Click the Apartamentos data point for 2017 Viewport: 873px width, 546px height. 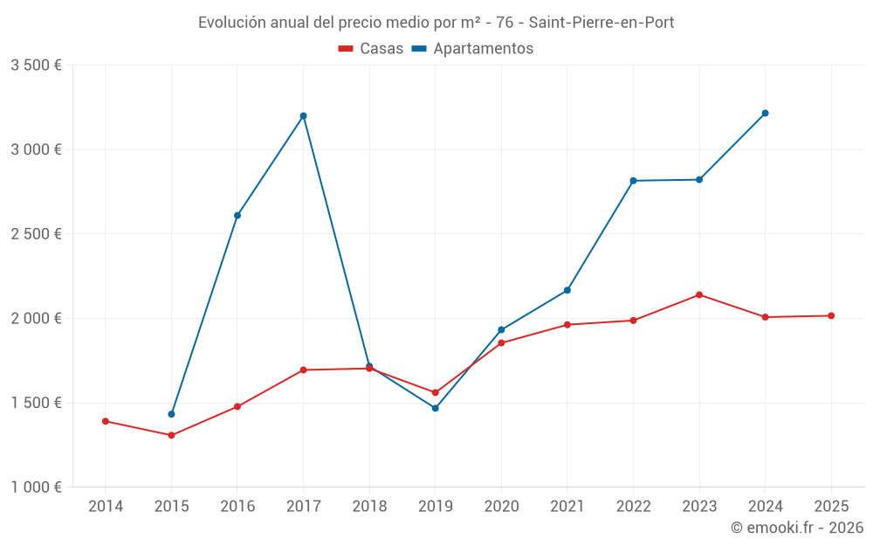[303, 115]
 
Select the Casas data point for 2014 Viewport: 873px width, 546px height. [106, 421]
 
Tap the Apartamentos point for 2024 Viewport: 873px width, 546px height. [765, 113]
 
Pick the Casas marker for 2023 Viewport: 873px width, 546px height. [699, 294]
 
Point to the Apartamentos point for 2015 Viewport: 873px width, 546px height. [171, 414]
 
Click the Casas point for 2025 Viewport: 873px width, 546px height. [831, 315]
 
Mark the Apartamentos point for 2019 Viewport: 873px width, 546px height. [436, 408]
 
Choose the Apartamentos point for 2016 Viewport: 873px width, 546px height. [237, 215]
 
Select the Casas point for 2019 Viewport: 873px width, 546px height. [436, 392]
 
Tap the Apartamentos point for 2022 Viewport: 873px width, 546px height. [633, 181]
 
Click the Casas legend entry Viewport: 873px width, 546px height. [371, 49]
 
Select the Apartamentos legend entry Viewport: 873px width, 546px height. [472, 49]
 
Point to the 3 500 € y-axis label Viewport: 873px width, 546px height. [36, 66]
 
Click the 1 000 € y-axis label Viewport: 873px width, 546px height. [36, 487]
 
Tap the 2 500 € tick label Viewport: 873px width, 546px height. [36, 234]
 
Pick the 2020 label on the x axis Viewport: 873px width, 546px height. [501, 507]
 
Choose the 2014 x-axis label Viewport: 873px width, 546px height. [106, 507]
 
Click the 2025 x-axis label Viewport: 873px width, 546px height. [831, 507]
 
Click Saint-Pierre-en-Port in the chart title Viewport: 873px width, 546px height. [601, 23]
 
